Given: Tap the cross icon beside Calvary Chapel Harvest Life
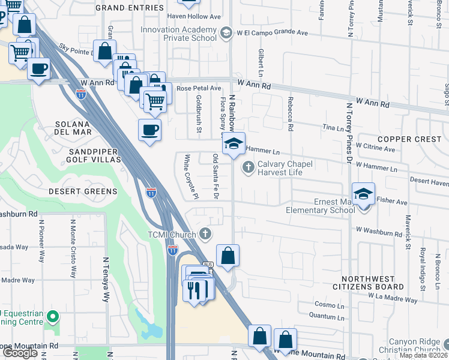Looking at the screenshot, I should pos(247,166).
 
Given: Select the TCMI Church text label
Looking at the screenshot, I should pos(172,234).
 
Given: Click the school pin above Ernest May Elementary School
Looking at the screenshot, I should pos(363,194).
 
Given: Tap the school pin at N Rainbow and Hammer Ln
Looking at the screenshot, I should pos(234,144).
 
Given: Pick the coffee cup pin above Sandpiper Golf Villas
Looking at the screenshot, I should pos(149,129).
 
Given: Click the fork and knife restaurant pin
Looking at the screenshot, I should pos(197,290).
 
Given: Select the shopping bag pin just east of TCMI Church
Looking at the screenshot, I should pos(228,256).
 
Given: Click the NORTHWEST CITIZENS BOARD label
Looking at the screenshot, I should pos(376,283).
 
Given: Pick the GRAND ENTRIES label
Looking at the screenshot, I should pos(129,8).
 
